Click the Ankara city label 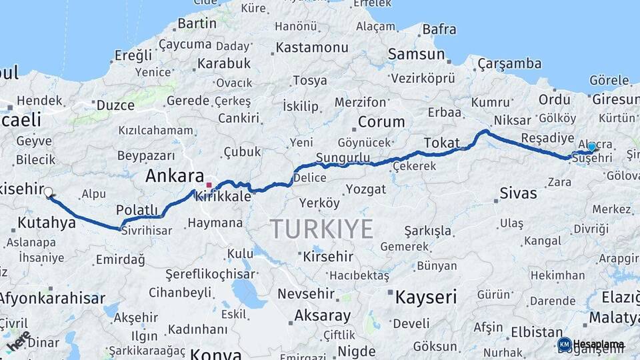coord(174,177)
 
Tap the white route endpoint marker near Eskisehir coord(48,193)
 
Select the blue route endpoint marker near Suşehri coord(591,147)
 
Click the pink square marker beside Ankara coord(209,185)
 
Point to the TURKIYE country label coord(321,229)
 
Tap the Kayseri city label coord(425,297)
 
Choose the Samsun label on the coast coord(416,55)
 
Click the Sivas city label coord(517,193)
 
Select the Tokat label coord(441,143)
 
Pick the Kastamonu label coord(312,47)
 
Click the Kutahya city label coord(47,223)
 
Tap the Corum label coord(381,122)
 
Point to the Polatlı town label coord(137,211)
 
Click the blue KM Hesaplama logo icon coord(565,344)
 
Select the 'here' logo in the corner coord(17,341)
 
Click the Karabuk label coord(223,63)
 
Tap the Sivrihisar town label coord(145,231)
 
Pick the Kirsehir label coord(327,256)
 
